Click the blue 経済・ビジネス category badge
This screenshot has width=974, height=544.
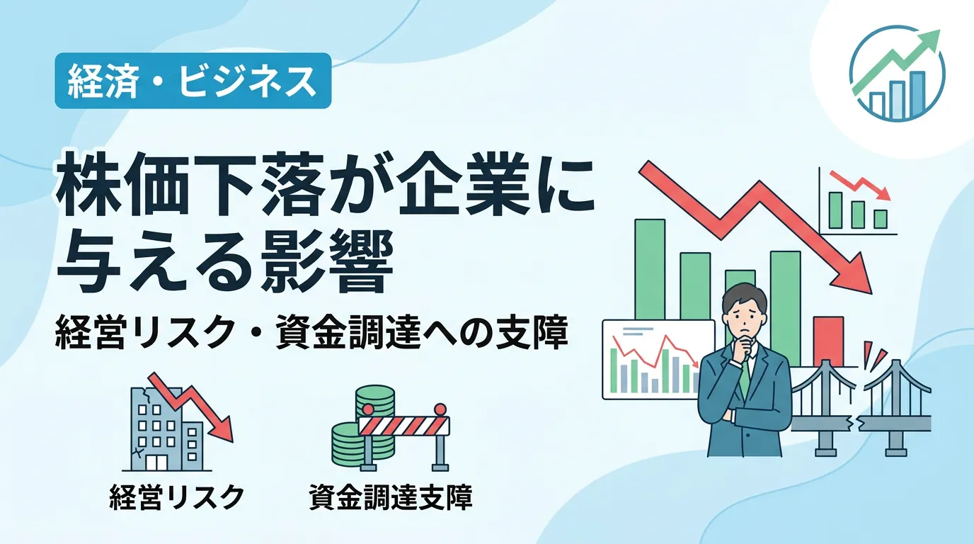193,81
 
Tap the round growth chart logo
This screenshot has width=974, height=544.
897,73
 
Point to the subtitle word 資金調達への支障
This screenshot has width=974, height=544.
422,333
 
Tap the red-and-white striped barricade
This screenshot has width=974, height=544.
404,426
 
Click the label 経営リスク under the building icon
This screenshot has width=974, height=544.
176,497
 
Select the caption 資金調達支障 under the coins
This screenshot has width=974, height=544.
391,497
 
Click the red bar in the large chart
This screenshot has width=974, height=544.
829,341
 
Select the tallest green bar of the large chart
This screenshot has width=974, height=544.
650,270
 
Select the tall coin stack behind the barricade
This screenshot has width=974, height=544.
375,401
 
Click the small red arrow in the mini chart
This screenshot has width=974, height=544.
859,185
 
